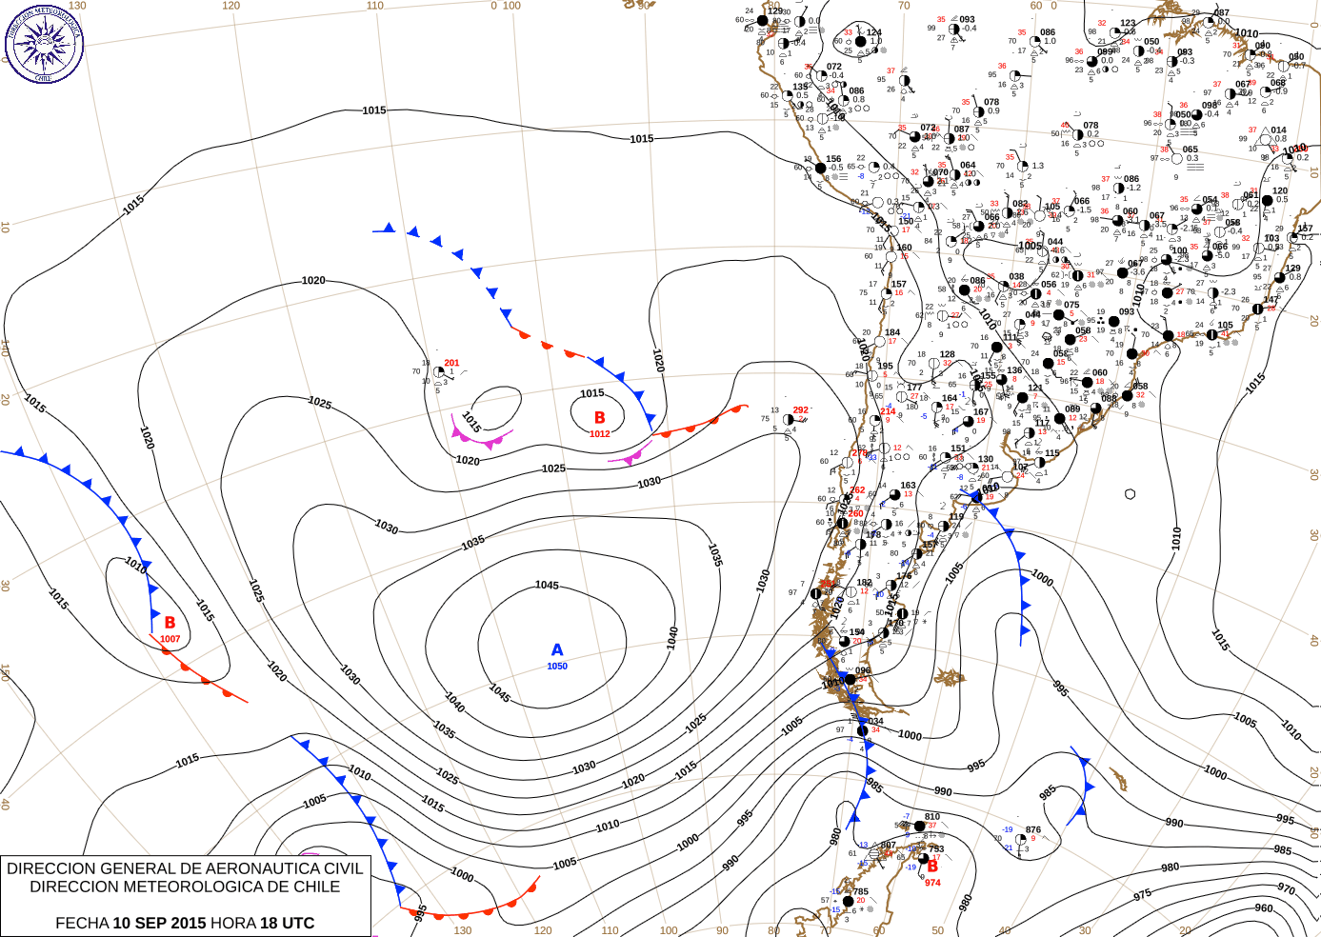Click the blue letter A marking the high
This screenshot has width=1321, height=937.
point(557,649)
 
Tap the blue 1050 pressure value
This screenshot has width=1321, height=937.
point(557,667)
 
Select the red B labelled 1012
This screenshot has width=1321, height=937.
point(599,417)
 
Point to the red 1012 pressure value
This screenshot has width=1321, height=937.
point(599,434)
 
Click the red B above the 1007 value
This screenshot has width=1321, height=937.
point(170,623)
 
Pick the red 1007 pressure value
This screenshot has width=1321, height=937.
point(170,639)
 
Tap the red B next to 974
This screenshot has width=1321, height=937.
point(932,867)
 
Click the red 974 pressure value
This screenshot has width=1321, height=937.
point(932,883)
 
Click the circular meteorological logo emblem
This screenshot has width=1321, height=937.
point(44,44)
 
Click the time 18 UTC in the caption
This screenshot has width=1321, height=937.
point(286,923)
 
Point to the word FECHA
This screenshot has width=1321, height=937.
point(82,923)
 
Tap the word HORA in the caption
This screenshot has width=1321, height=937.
point(233,923)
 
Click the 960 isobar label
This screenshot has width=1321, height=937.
point(1263,907)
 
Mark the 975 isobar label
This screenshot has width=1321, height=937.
point(1142,894)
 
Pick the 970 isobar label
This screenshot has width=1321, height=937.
point(1286,887)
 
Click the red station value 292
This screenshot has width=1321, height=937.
point(801,410)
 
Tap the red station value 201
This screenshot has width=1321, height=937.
point(451,363)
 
